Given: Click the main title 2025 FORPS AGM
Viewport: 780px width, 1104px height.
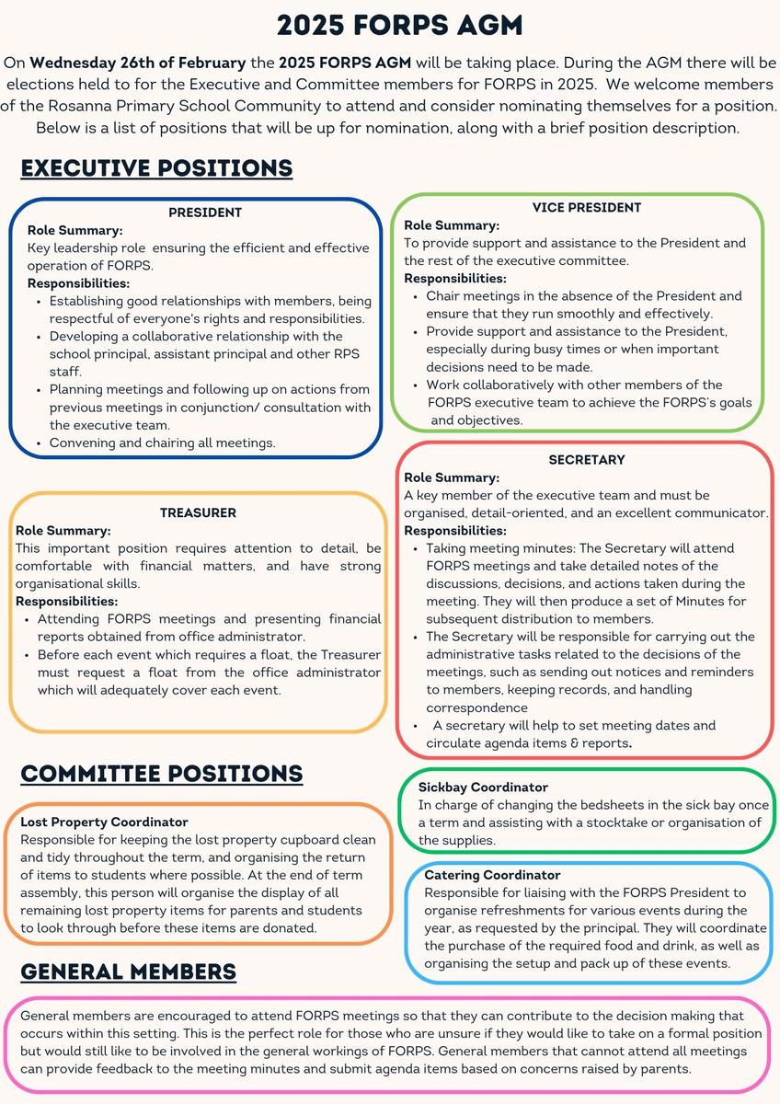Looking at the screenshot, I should click(x=390, y=25).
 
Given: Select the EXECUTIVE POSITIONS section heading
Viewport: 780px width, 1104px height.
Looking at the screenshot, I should click(x=156, y=168).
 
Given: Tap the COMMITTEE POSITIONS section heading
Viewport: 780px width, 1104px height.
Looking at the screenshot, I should click(x=162, y=774).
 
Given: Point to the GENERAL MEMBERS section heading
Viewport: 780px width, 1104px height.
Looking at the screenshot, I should click(x=129, y=972).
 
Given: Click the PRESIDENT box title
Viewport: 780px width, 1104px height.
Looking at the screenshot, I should click(x=205, y=213).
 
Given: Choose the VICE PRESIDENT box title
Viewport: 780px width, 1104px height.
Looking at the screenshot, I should click(x=586, y=208).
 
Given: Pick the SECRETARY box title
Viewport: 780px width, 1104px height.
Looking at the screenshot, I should click(x=587, y=459).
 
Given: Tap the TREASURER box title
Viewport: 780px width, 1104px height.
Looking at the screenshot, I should click(x=198, y=512).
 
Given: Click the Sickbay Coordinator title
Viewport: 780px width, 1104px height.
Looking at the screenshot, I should click(x=483, y=788).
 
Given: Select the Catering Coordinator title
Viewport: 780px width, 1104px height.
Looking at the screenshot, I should click(x=492, y=875).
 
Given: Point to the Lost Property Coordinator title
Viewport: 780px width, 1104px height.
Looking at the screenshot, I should click(x=104, y=822).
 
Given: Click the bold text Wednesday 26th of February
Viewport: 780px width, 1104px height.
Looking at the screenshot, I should click(x=138, y=63).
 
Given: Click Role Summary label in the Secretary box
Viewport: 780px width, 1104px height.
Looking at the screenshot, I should click(x=452, y=477).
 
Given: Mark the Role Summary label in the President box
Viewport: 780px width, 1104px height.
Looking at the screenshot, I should click(x=75, y=230).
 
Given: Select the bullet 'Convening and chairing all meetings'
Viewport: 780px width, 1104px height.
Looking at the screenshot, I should click(x=163, y=443).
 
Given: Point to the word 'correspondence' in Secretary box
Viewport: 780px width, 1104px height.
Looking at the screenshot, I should click(x=476, y=707).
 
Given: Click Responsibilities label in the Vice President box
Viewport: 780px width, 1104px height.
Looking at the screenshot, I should click(x=455, y=278).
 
